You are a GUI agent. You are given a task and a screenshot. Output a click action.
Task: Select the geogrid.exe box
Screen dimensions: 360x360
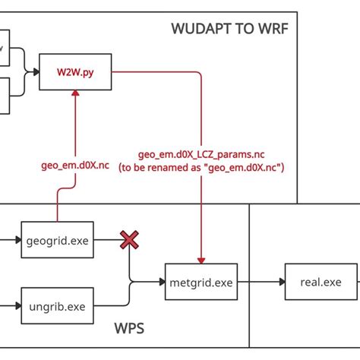tap(55, 242)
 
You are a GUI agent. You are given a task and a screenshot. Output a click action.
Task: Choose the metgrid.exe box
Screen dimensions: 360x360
tap(200, 283)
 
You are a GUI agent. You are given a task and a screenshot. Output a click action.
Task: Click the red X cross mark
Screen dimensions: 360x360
tap(131, 242)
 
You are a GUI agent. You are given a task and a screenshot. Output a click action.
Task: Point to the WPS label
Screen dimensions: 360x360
tap(129, 330)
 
